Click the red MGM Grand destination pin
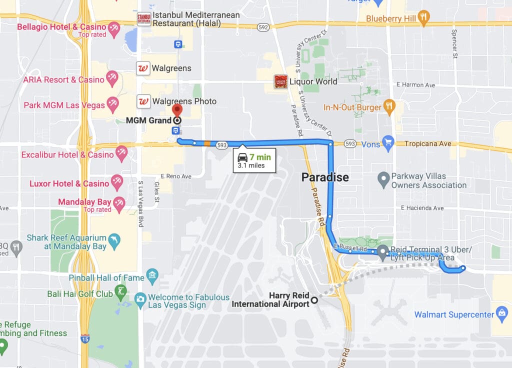point(177,110)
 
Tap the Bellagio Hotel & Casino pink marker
point(114,28)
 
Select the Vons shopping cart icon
point(388,143)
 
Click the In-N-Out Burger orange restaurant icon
point(389,107)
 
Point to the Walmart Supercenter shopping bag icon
point(501,314)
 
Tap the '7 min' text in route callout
point(260,157)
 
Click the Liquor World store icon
point(280,81)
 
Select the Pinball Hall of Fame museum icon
point(152,277)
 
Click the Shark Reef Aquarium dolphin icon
point(114,241)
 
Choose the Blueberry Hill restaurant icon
point(423,18)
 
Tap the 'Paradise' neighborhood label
point(324,177)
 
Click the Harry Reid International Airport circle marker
point(314,300)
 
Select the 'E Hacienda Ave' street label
point(422,208)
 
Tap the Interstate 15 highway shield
point(85,338)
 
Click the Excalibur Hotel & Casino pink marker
point(121,153)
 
